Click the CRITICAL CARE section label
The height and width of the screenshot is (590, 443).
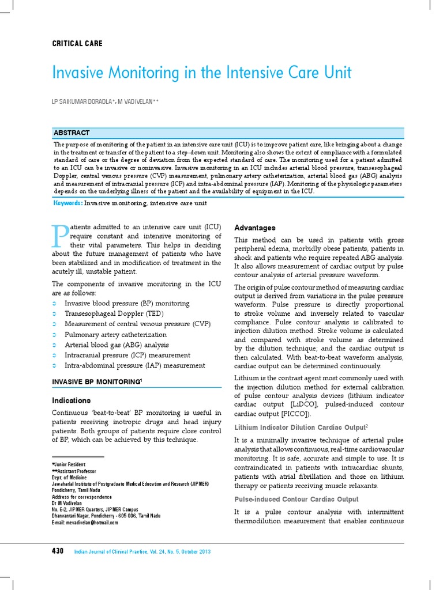click(77, 44)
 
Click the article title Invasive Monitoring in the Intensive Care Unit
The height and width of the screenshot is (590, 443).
click(201, 73)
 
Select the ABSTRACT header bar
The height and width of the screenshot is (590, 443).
click(229, 133)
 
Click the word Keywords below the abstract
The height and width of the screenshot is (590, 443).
click(68, 203)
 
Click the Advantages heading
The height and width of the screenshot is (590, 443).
click(254, 228)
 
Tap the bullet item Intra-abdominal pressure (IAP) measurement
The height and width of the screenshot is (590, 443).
click(134, 365)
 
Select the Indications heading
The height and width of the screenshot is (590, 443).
click(71, 400)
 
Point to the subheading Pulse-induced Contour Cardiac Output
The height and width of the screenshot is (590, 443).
click(296, 499)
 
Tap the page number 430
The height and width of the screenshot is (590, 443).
click(58, 551)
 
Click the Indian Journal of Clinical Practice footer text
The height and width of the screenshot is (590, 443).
click(142, 552)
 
